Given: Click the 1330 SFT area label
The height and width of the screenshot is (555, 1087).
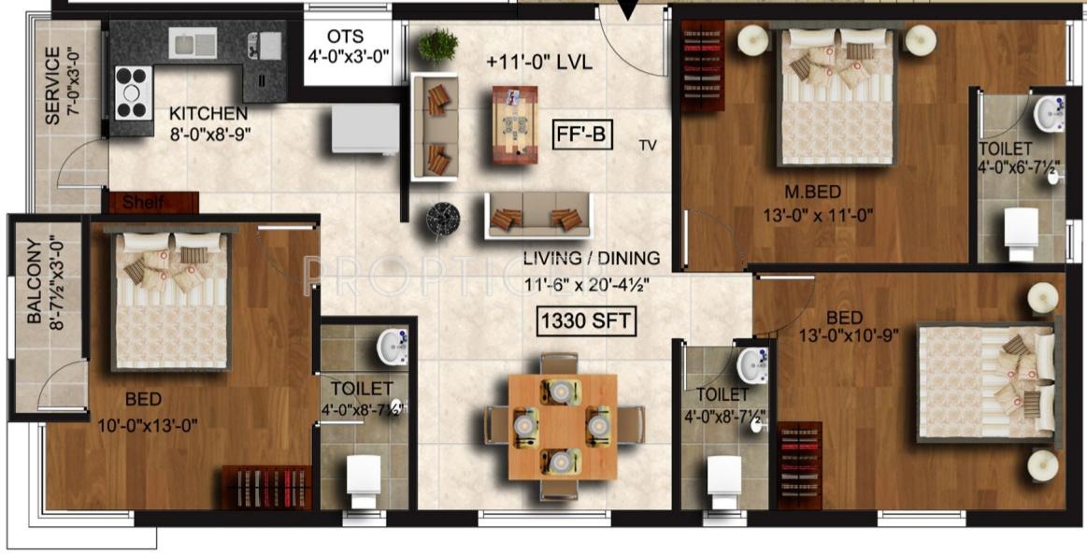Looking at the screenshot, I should pyautogui.click(x=585, y=321).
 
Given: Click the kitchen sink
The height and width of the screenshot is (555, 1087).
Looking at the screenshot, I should pyautogui.click(x=193, y=42).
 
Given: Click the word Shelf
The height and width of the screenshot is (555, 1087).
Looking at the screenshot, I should pyautogui.click(x=143, y=203).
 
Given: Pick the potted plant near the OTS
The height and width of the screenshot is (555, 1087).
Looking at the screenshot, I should pyautogui.click(x=437, y=44).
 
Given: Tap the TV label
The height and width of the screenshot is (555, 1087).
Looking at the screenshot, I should pyautogui.click(x=648, y=145).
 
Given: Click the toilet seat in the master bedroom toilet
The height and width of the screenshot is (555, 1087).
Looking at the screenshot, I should pyautogui.click(x=1021, y=228).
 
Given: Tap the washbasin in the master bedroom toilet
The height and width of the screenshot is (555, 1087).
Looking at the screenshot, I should pyautogui.click(x=1048, y=114).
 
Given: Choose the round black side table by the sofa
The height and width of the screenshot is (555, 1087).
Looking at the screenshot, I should pyautogui.click(x=442, y=217).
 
